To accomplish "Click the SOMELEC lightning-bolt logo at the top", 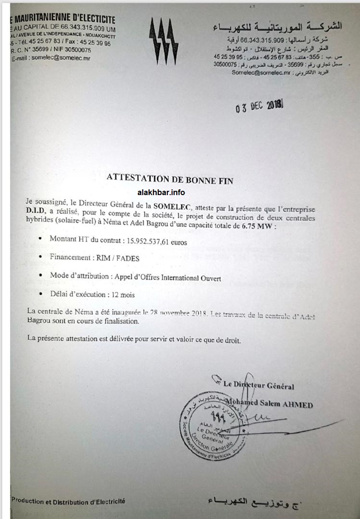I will point(163,41).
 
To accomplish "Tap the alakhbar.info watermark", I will point(161,193).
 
